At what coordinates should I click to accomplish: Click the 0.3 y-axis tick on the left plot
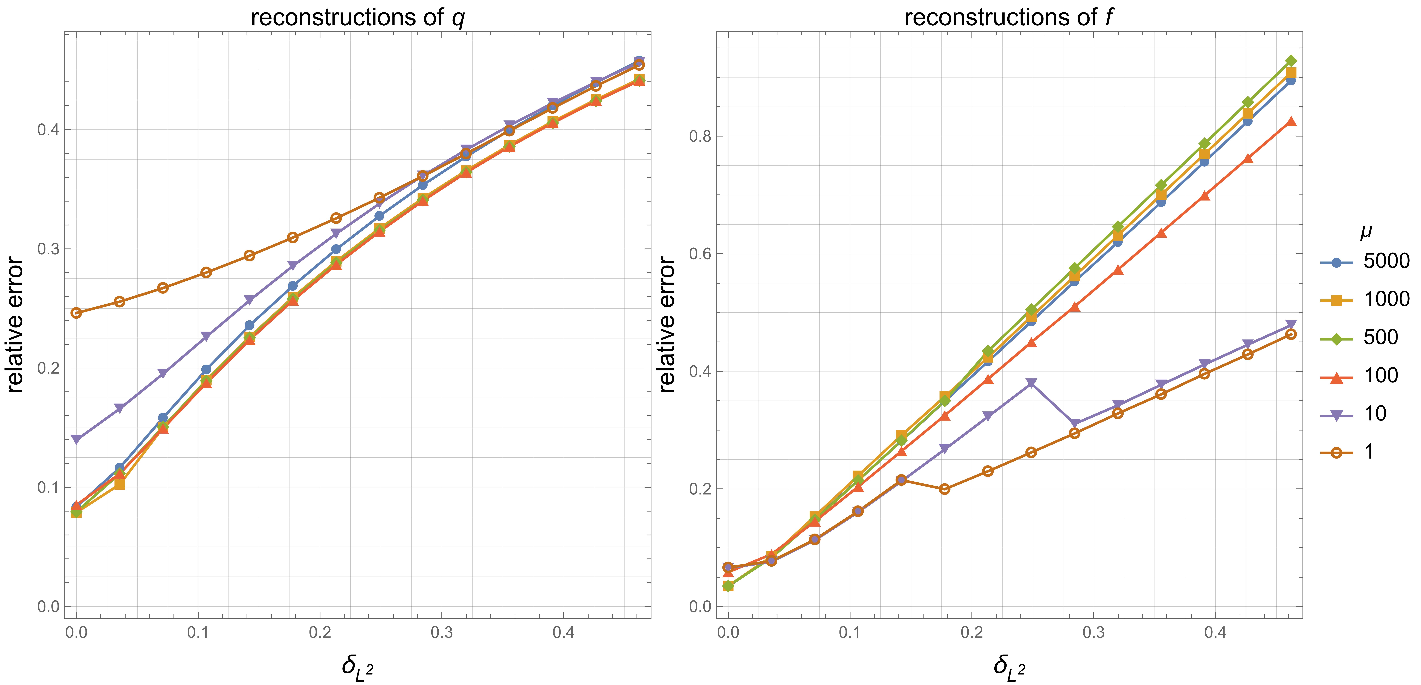point(48,249)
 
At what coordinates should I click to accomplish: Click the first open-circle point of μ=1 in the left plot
point(76,313)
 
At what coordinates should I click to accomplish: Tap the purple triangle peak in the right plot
point(1031,383)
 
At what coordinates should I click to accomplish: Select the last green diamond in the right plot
point(1291,61)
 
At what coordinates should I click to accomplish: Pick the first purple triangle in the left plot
point(76,439)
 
